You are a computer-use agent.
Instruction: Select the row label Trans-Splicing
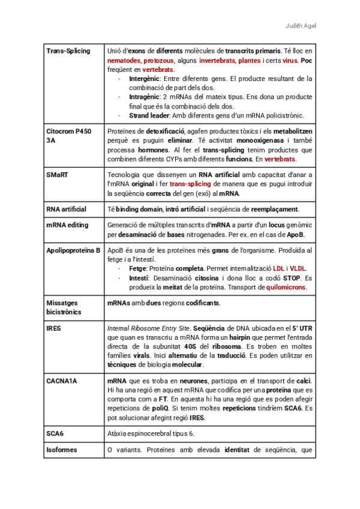[x=68, y=51]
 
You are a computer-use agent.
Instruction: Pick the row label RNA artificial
[x=67, y=209]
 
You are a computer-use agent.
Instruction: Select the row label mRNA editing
[x=67, y=225]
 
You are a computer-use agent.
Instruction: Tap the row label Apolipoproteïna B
[x=73, y=249]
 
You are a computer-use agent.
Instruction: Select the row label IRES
[x=54, y=328]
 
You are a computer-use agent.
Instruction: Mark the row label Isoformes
[x=62, y=450]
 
